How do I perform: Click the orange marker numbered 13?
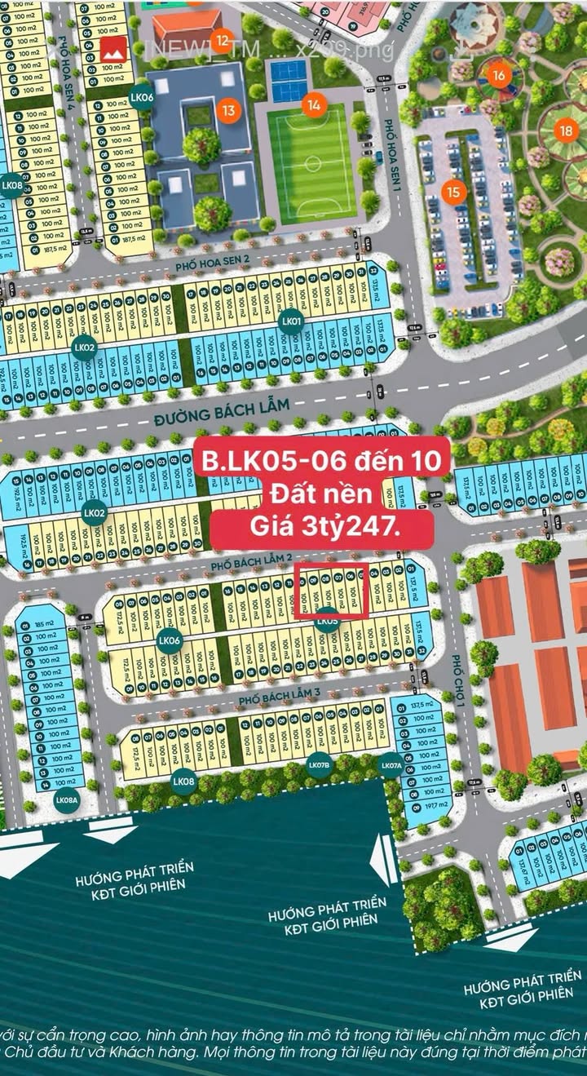pyautogui.click(x=229, y=110)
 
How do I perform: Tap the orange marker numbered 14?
pyautogui.click(x=313, y=104)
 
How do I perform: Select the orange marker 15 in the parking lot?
pyautogui.click(x=454, y=192)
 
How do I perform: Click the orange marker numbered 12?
pyautogui.click(x=222, y=39)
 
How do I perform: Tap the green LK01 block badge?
pyautogui.click(x=291, y=321)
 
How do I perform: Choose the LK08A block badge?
pyautogui.click(x=67, y=800)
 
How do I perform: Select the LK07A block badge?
pyautogui.click(x=391, y=765)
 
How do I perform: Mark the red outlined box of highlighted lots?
pyautogui.click(x=332, y=591)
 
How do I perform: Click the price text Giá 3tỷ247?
pyautogui.click(x=322, y=528)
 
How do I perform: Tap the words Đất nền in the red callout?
pyautogui.click(x=321, y=494)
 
